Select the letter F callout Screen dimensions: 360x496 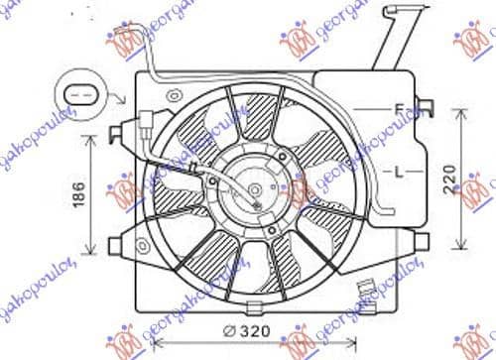[x=398, y=108]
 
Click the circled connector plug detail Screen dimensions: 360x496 [x=82, y=95]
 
